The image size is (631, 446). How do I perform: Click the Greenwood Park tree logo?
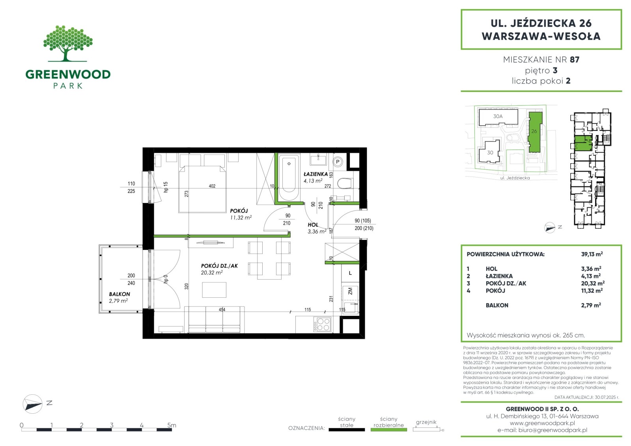[68, 43]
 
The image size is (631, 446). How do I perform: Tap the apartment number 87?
[574, 60]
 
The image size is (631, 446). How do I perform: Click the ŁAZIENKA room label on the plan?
[316, 174]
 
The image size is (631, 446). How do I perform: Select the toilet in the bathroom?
[345, 183]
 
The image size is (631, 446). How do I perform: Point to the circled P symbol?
[338, 162]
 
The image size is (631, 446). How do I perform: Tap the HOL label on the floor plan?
[313, 224]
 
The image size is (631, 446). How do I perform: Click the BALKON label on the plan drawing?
[119, 294]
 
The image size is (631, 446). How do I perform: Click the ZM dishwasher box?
[350, 291]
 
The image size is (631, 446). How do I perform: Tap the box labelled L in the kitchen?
[350, 273]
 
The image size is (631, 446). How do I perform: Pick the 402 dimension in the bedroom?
[212, 186]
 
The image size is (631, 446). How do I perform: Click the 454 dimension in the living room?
[222, 309]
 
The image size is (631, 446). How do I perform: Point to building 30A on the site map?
[498, 117]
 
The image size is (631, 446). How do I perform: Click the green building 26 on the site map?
[535, 132]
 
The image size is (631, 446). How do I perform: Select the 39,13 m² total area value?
[592, 254]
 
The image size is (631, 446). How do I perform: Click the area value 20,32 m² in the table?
[593, 283]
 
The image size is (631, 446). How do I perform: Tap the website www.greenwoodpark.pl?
[542, 423]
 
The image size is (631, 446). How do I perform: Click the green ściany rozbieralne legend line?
[389, 430]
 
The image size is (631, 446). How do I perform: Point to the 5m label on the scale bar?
[172, 425]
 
